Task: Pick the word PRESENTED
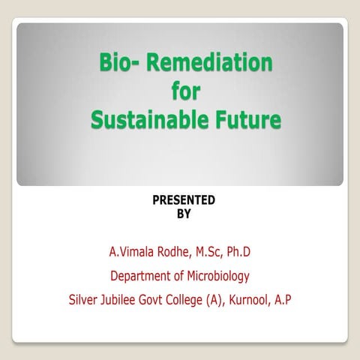tap(184, 200)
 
